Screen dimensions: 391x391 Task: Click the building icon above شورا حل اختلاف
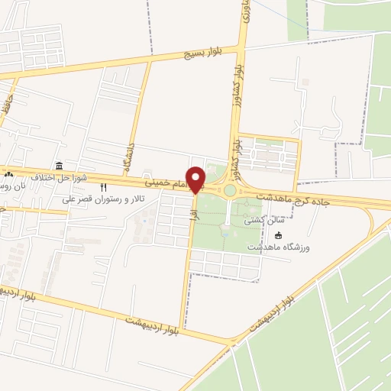(x=59, y=166)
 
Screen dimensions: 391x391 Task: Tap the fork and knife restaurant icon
(x=104, y=187)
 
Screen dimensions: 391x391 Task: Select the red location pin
(x=195, y=179)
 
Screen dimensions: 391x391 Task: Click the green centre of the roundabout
(x=230, y=189)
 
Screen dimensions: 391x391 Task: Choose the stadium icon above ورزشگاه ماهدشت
(x=278, y=235)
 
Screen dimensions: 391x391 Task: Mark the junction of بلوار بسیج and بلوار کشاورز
(x=240, y=47)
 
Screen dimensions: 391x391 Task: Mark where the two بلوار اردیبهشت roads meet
(x=229, y=343)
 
